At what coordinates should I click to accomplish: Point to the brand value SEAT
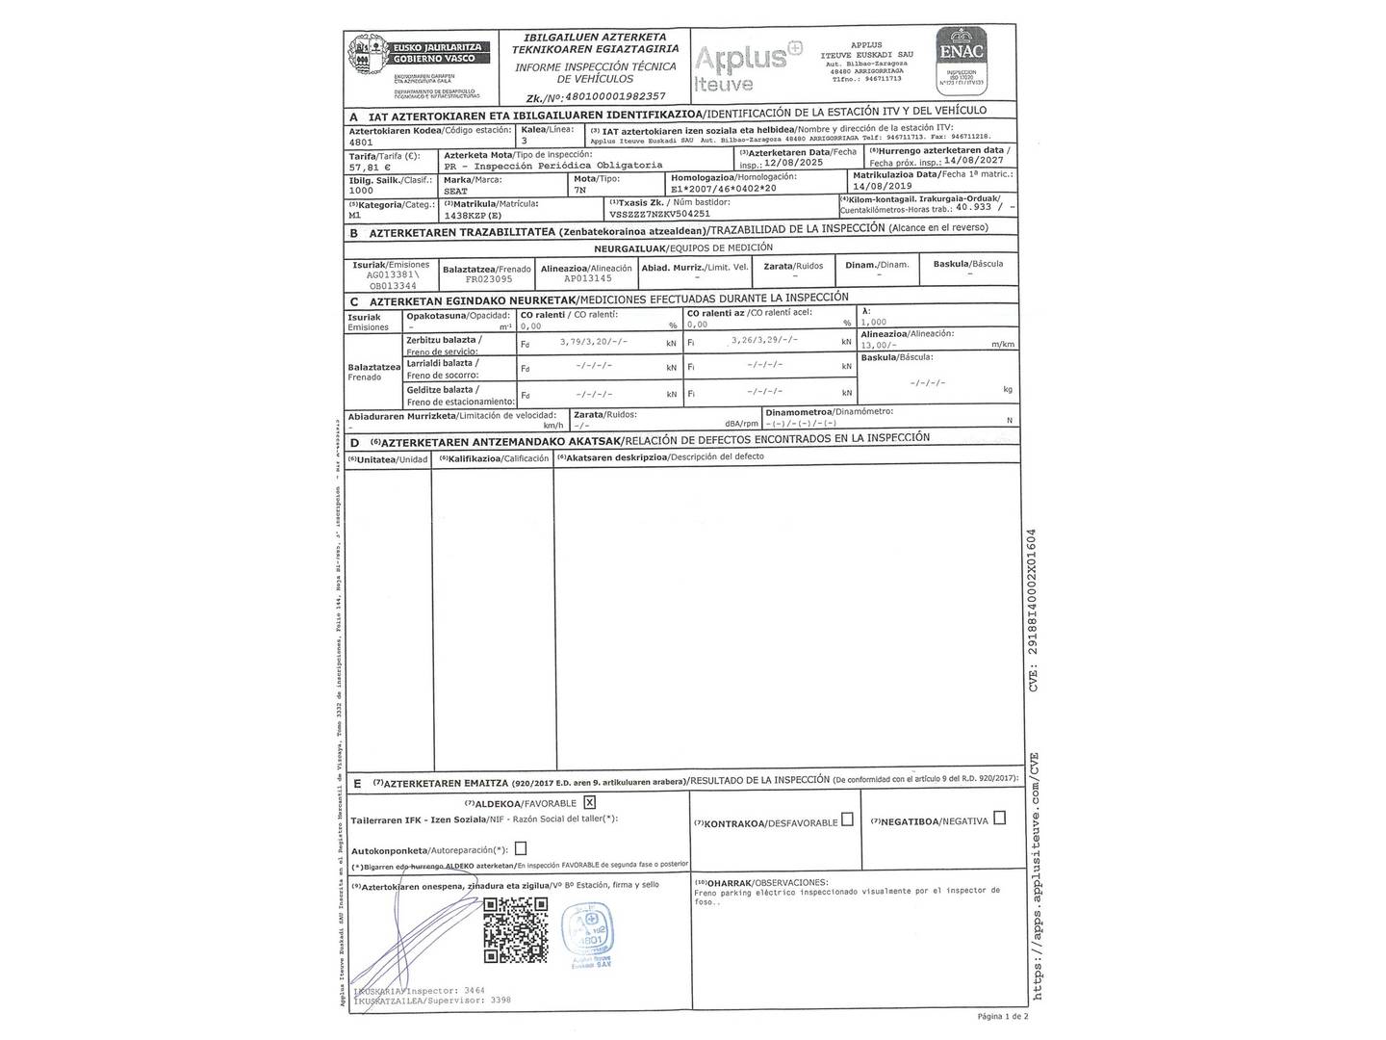[456, 191]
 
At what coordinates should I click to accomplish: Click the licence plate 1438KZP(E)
[475, 215]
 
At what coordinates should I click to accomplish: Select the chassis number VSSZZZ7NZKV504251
[660, 214]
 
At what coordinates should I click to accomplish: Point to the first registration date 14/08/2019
[883, 186]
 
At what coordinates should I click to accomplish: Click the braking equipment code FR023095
[489, 279]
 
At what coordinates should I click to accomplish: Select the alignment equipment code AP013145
[587, 278]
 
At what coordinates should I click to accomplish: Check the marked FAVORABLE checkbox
[589, 802]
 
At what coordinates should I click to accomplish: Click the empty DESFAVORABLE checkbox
[847, 819]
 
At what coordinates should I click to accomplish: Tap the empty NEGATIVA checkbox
[999, 818]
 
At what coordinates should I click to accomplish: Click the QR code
[515, 926]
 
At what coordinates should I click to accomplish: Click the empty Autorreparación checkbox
[521, 848]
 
